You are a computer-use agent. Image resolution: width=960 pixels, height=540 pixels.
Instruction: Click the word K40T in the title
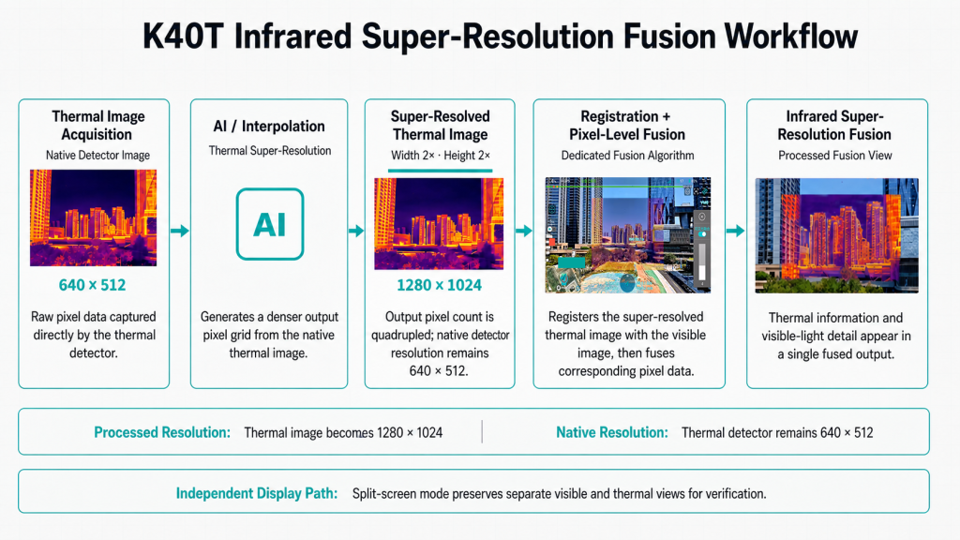(183, 37)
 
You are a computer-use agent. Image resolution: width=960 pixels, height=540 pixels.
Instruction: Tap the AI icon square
(270, 224)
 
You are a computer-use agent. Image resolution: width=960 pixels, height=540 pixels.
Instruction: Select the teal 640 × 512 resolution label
(93, 285)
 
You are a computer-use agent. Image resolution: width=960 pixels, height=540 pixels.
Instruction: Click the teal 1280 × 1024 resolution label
(439, 285)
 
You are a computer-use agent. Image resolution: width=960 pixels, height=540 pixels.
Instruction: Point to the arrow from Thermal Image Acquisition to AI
(179, 231)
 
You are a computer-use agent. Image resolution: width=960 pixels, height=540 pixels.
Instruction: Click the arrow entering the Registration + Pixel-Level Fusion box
(523, 231)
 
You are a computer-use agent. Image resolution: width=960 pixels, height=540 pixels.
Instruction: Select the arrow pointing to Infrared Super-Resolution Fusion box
(735, 231)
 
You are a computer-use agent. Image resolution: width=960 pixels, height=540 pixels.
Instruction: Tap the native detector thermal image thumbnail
(93, 217)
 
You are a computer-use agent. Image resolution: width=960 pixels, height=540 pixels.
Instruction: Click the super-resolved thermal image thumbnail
(439, 224)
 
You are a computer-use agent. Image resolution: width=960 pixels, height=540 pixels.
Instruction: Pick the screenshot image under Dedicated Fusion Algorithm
(628, 235)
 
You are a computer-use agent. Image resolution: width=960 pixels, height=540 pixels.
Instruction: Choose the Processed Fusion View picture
(837, 235)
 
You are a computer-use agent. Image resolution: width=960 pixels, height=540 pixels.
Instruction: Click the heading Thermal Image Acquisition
(97, 126)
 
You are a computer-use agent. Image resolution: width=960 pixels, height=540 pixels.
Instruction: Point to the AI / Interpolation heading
(269, 127)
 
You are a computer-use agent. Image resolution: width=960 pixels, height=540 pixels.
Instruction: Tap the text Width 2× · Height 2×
(441, 156)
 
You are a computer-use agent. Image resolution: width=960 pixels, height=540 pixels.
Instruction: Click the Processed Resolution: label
(162, 432)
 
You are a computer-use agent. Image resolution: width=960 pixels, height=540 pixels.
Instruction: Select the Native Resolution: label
(611, 432)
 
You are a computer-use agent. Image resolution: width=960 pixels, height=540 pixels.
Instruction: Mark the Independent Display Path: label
(257, 493)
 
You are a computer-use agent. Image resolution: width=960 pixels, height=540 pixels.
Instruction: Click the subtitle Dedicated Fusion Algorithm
(627, 156)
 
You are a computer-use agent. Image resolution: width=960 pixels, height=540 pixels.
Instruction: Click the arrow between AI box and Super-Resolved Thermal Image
(355, 231)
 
